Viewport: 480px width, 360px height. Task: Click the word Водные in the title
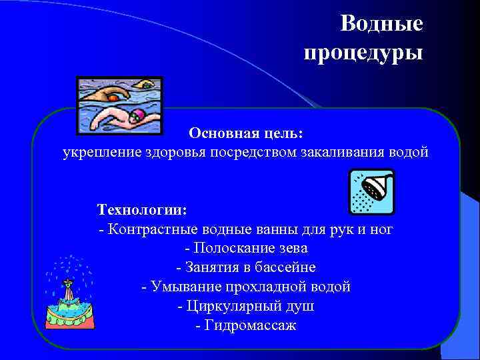[x=381, y=24]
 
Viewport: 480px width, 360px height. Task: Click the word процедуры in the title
[x=363, y=51]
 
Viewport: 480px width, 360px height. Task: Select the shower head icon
[x=372, y=191]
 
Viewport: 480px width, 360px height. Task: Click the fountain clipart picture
[x=69, y=294]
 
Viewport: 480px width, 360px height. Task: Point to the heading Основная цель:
[x=245, y=133]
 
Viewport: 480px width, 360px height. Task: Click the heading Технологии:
[x=142, y=210]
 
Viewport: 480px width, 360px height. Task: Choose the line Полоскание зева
[x=246, y=249]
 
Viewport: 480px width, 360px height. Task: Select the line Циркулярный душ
[x=246, y=307]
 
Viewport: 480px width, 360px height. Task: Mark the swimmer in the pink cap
[x=120, y=121]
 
